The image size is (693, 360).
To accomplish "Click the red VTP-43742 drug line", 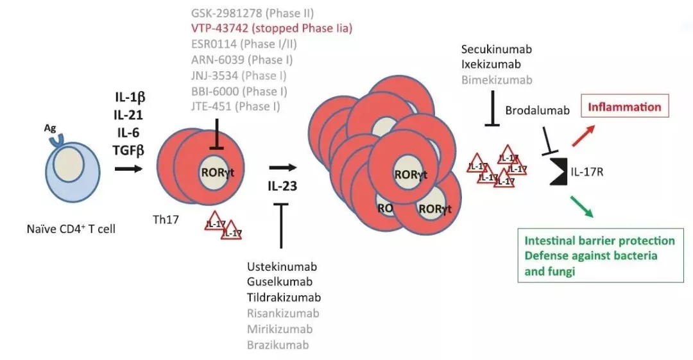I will [272, 28].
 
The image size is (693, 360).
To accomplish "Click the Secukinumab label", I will [496, 49].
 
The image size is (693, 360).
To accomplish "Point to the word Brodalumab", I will [537, 110].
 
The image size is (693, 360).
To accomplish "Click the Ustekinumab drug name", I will [282, 266].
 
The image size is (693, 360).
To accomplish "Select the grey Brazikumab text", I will [278, 345].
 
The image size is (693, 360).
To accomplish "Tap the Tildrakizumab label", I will [284, 298].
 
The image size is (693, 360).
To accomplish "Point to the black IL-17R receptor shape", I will [557, 171].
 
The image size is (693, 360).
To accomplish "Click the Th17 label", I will [166, 219].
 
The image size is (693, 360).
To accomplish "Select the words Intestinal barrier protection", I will [599, 241].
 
